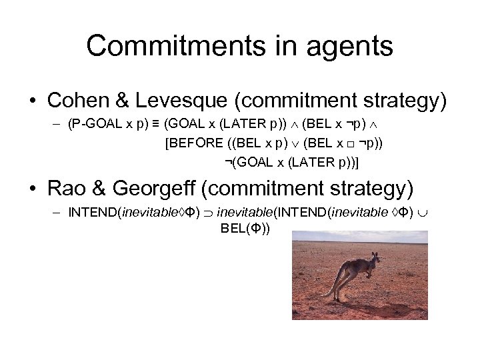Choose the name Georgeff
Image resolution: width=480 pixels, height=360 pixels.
click(x=161, y=189)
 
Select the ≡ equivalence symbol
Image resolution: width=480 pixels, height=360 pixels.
click(x=154, y=124)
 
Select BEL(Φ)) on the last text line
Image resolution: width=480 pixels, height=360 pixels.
click(x=245, y=230)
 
